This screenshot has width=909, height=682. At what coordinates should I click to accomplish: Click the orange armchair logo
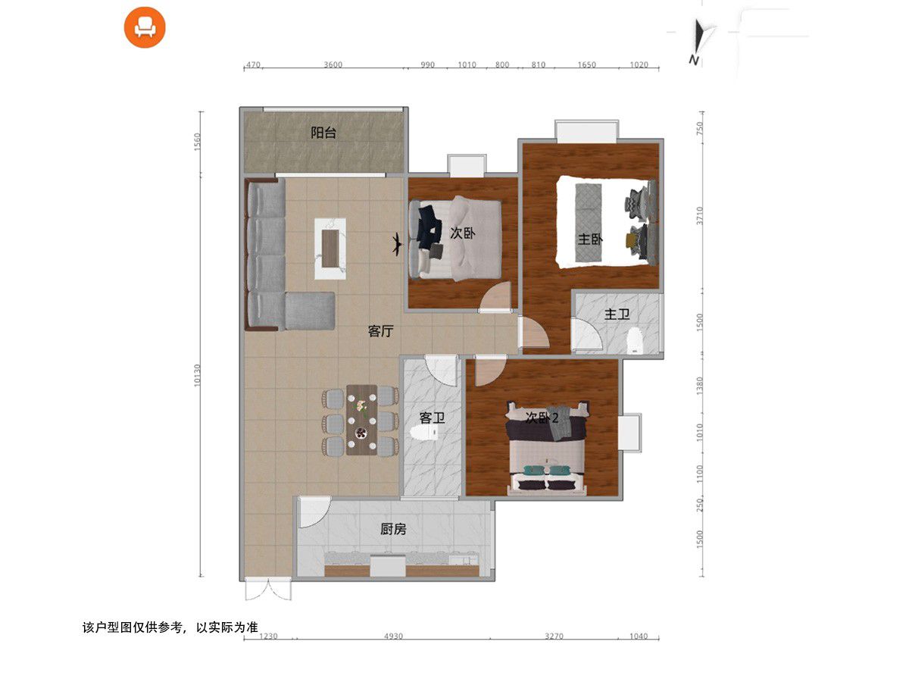(x=145, y=27)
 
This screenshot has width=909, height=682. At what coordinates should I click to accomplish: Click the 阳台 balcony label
(x=323, y=133)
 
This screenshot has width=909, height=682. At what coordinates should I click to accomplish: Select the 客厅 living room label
(x=380, y=331)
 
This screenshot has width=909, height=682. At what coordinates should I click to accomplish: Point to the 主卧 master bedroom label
(x=590, y=239)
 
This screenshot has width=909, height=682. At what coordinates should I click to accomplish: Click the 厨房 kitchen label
(x=393, y=529)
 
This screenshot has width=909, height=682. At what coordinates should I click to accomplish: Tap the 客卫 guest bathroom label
(x=432, y=418)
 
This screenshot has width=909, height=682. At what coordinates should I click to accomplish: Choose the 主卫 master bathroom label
(x=617, y=314)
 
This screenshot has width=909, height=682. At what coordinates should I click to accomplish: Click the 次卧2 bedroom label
(x=542, y=418)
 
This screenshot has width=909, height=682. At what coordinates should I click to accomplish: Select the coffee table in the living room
(x=330, y=249)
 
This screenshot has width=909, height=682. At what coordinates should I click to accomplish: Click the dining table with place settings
(x=361, y=421)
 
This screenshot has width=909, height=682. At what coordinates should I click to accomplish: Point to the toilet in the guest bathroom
(x=424, y=433)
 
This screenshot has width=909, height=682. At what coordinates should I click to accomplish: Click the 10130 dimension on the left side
(x=197, y=376)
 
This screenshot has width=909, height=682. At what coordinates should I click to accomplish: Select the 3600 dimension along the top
(x=333, y=64)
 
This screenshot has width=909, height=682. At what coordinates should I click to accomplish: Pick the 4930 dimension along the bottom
(x=393, y=636)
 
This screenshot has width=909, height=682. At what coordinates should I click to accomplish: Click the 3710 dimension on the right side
(x=699, y=216)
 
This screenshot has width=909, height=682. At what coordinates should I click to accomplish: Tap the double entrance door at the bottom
(x=268, y=590)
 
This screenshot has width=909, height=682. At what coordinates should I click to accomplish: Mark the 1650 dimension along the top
(x=586, y=64)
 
